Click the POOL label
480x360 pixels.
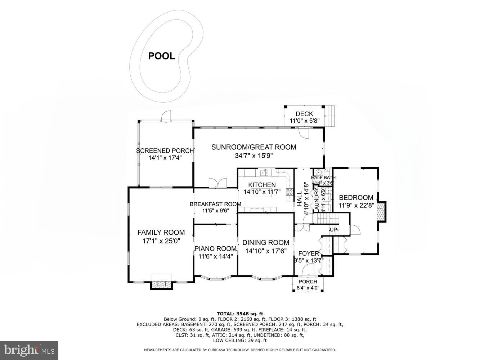(162, 56)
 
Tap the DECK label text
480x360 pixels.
(304, 114)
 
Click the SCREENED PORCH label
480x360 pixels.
(165, 150)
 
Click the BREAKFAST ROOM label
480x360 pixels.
(215, 204)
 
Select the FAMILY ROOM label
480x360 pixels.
(161, 233)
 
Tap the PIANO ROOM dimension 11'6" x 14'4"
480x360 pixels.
(216, 256)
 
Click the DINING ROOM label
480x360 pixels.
(266, 243)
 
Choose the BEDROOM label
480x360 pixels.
(356, 198)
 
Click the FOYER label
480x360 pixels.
(309, 253)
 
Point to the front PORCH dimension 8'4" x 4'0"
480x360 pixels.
(308, 288)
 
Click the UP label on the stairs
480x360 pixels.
(333, 230)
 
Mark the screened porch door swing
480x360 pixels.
(166, 116)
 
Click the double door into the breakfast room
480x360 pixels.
(218, 183)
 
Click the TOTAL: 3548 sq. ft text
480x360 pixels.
(239, 314)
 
